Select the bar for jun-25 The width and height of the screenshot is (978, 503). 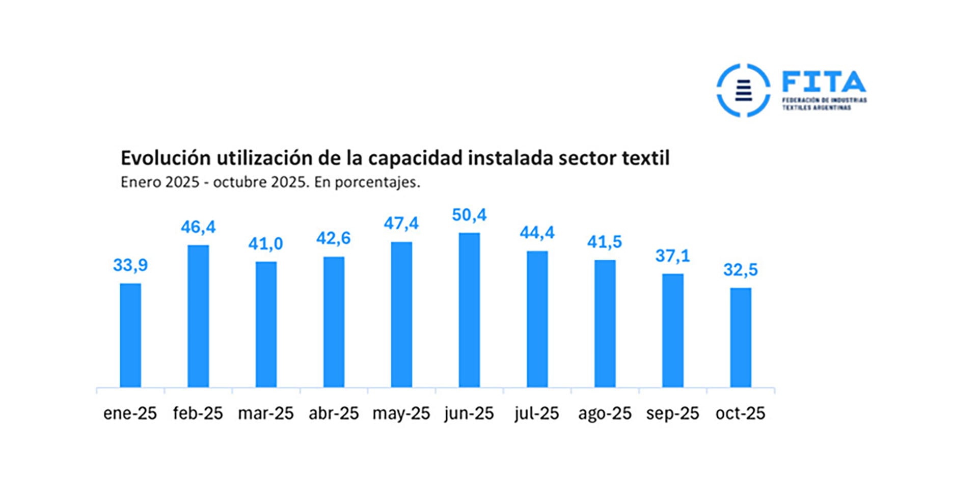469,311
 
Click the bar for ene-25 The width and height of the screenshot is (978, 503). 130,336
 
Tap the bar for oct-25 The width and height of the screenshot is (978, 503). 740,338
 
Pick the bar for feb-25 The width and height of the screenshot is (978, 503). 198,316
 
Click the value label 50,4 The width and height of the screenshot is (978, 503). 469,215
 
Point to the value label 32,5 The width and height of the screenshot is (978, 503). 740,270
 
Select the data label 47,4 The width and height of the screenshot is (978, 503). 401,223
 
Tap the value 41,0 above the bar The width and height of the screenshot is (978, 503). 265,244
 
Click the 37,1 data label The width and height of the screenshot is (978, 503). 672,256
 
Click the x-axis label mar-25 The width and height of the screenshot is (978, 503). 265,413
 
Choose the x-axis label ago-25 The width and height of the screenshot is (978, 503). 605,413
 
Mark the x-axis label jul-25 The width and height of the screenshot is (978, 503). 536,413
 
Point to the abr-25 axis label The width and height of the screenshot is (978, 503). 334,413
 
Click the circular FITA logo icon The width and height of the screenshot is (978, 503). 743,90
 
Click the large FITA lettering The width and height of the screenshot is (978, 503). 824,82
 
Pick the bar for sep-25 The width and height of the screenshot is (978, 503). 672,331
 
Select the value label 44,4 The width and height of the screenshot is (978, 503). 537,233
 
